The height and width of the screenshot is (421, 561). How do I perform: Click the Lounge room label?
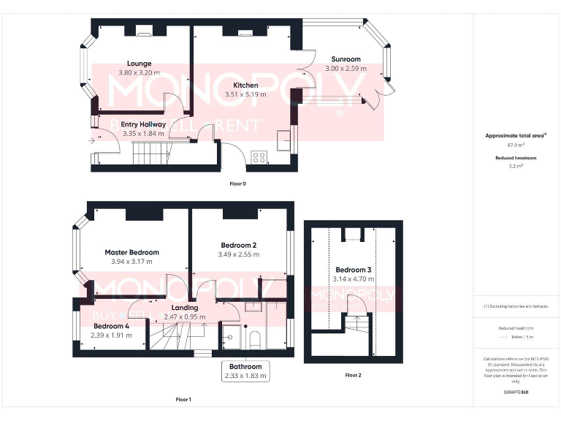(x=139, y=64)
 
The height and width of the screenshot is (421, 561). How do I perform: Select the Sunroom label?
(x=346, y=59)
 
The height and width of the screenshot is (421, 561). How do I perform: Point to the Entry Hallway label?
(x=143, y=124)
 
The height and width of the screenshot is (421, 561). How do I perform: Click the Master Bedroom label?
(x=131, y=252)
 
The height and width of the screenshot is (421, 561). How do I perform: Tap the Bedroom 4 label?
(x=112, y=326)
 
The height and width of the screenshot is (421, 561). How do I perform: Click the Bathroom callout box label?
(x=245, y=367)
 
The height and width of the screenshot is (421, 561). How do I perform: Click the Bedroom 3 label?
(x=352, y=270)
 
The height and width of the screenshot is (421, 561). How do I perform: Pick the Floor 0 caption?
(x=237, y=183)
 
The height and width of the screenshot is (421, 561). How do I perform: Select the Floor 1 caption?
(x=183, y=400)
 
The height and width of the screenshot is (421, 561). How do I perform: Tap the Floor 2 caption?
(x=353, y=376)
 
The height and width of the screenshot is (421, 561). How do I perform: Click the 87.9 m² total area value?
(x=516, y=145)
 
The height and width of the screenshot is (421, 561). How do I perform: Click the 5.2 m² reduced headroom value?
(x=516, y=166)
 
